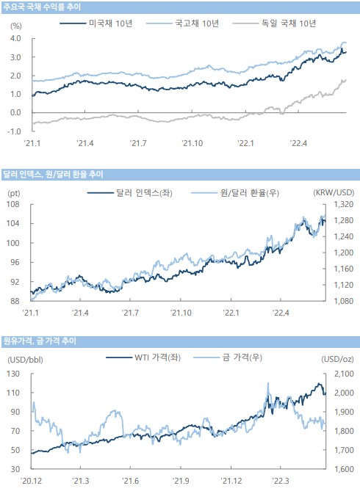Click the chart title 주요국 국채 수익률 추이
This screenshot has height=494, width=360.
42,7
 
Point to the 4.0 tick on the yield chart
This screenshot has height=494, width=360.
15,38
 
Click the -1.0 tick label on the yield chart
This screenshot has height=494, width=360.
14,131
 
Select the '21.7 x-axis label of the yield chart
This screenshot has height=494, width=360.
138,143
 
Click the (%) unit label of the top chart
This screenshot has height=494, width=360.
16,26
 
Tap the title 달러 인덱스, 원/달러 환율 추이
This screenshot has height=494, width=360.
53,174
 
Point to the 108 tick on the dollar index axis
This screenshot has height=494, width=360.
13,204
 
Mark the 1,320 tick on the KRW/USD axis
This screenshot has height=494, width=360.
344,204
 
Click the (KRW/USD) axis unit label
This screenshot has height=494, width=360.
334,192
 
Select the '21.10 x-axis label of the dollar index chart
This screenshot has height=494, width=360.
181,313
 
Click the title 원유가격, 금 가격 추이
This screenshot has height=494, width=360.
40,341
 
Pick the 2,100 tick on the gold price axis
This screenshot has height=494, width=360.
344,374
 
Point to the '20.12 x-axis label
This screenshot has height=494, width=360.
31,481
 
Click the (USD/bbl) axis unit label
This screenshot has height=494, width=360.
25,360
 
